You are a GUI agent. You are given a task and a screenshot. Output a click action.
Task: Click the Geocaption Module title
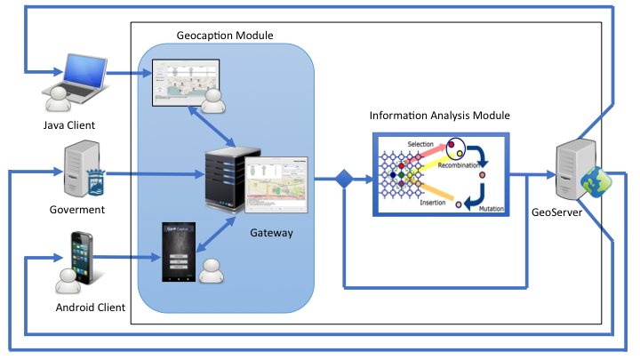pyautogui.click(x=225, y=36)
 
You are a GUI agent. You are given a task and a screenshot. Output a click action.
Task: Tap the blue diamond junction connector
pyautogui.click(x=343, y=181)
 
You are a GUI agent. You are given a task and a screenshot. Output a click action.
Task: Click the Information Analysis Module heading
pyautogui.click(x=439, y=116)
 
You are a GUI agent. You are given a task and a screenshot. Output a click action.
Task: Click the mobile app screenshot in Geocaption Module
pyautogui.click(x=178, y=252)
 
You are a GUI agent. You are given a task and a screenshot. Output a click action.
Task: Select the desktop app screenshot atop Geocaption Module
pyautogui.click(x=185, y=81)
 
